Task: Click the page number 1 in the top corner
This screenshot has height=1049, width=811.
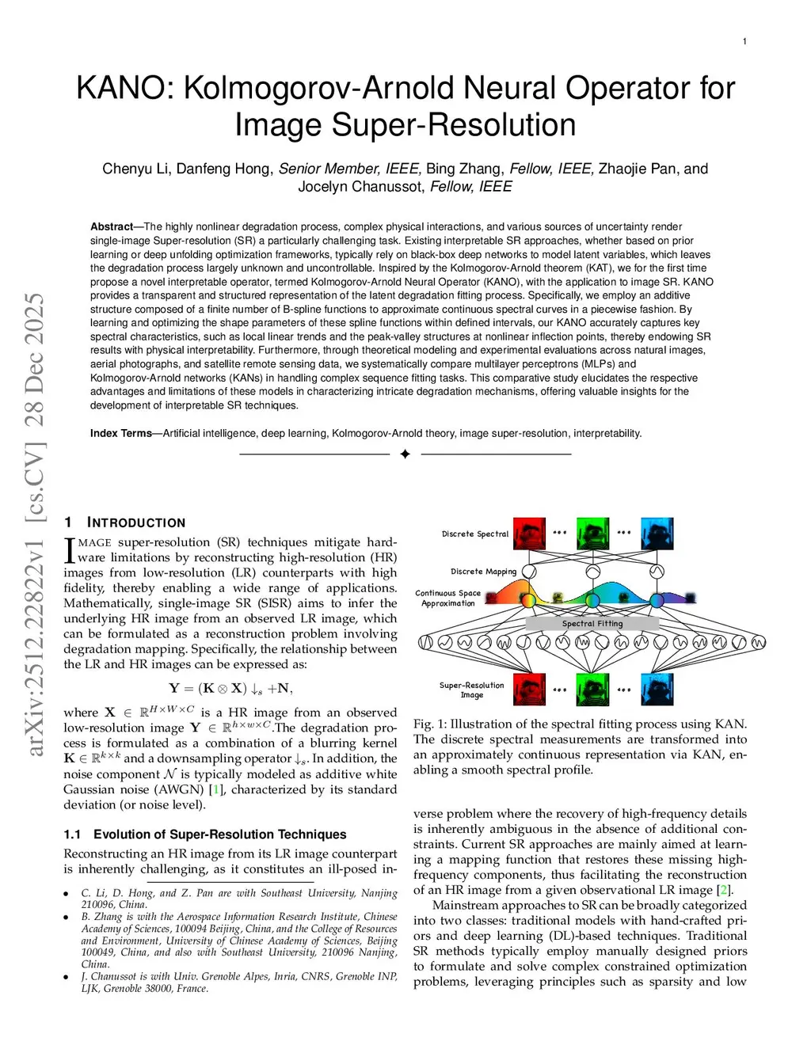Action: click(744, 41)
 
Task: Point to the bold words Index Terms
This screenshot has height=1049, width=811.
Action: click(120, 433)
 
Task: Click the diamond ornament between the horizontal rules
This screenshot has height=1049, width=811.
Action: click(405, 454)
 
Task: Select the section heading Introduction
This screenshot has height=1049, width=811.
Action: click(135, 523)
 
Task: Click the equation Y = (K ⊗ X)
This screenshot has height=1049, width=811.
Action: click(230, 688)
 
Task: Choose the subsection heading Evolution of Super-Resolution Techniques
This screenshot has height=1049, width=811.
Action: click(219, 834)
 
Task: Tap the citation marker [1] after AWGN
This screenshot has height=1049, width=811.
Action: click(216, 789)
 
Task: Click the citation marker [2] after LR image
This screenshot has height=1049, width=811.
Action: click(723, 890)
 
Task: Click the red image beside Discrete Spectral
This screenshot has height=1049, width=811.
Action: click(529, 534)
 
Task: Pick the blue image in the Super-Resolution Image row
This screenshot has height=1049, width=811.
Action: click(657, 689)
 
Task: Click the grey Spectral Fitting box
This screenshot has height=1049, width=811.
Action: click(592, 624)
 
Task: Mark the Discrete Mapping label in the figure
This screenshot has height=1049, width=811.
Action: click(483, 572)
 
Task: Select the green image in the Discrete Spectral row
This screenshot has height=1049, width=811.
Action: click(592, 534)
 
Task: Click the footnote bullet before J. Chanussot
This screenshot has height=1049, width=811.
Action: click(67, 977)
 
